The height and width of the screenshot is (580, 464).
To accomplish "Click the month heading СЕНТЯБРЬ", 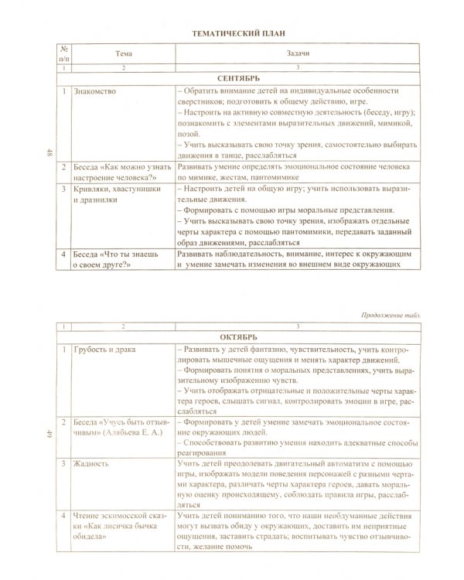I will tap(238, 80).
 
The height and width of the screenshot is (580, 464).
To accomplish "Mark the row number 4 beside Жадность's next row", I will tap(64, 513).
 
